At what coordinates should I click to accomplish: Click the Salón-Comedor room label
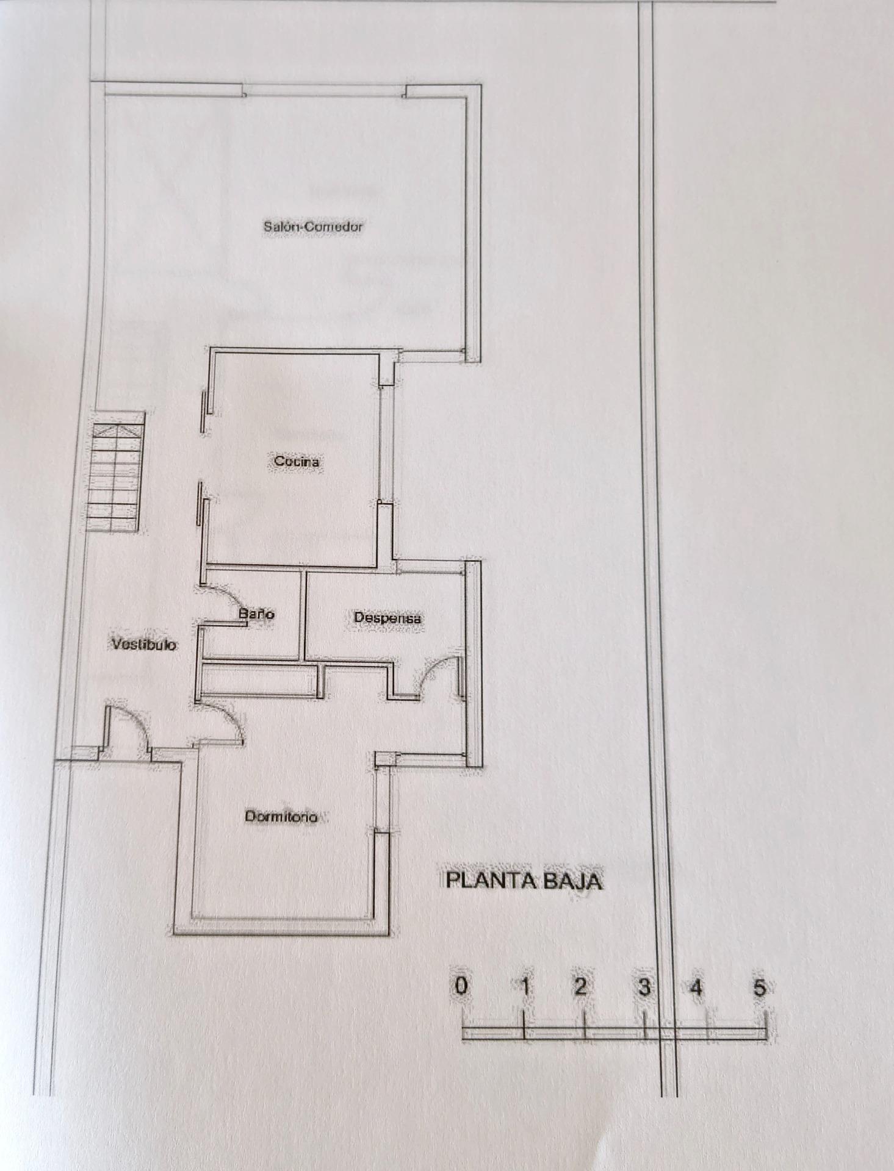(313, 226)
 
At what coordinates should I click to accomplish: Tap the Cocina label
(297, 462)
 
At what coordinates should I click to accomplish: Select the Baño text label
(256, 614)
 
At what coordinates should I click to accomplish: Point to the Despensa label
(388, 618)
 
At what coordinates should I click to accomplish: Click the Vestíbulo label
(144, 644)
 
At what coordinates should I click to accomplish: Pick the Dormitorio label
(281, 816)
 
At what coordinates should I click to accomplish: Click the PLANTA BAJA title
(524, 881)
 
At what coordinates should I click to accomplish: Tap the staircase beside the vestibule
(116, 473)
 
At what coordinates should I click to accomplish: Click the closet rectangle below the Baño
(259, 679)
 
